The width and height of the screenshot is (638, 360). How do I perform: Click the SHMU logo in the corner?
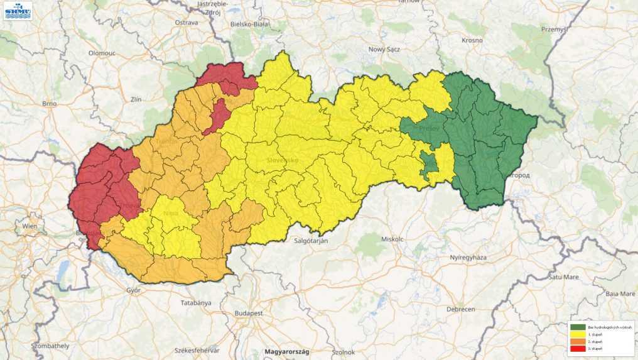click(x=18, y=11)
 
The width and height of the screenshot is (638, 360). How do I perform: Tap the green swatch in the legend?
click(x=578, y=327)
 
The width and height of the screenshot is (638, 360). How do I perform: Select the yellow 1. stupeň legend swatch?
click(x=578, y=334)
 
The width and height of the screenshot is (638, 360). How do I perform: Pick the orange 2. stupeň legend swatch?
click(x=578, y=341)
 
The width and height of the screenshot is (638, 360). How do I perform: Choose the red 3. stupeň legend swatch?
click(x=578, y=348)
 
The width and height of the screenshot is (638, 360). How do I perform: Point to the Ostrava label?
click(x=187, y=23)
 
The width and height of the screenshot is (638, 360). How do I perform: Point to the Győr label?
click(x=133, y=290)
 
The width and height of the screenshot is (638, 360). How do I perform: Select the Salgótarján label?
click(x=311, y=240)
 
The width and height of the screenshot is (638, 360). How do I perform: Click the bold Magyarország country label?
click(x=288, y=352)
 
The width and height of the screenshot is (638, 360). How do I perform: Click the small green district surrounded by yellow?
click(x=429, y=165)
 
